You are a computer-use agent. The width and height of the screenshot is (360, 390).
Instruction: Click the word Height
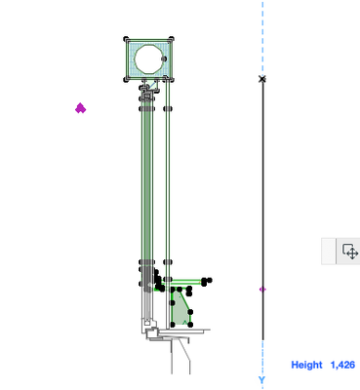[x=306, y=365]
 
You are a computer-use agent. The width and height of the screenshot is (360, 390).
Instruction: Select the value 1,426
[x=342, y=365]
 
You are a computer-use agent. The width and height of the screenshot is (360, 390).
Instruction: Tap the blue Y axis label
[x=261, y=379]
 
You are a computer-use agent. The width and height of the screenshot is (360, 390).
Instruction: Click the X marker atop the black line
[x=262, y=79]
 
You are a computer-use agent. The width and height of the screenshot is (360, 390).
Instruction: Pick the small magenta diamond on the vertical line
[x=262, y=290]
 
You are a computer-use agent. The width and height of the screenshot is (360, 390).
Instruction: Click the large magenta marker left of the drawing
[x=80, y=108]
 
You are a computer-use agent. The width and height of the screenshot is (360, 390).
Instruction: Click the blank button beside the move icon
[x=329, y=252]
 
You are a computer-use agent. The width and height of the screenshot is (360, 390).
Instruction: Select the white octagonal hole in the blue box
[x=148, y=58]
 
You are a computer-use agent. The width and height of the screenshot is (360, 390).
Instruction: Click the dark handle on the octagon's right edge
[x=164, y=58]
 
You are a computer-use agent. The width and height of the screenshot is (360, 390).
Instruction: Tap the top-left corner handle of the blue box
[x=127, y=39]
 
